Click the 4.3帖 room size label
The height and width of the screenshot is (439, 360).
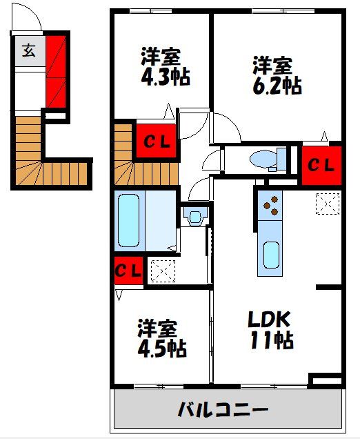pos(166,77)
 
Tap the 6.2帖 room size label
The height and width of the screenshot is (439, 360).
pos(277,85)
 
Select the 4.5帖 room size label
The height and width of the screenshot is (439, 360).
pos(162,348)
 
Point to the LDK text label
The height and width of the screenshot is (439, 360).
pos(269,320)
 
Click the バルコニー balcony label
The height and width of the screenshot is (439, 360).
pos(223,410)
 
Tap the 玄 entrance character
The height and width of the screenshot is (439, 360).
pos(29,50)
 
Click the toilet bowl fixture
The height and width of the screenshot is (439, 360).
pos(268,159)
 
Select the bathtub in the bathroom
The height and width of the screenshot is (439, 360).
pos(128,221)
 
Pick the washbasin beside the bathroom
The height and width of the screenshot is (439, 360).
pos(195,217)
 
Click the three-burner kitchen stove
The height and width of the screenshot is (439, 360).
pos(270,206)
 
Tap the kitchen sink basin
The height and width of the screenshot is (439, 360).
pos(271,255)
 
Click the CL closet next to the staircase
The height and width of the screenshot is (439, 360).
pos(157,141)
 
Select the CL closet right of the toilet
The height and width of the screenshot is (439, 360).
pos(321,166)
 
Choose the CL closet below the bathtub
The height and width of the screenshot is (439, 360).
pos(128,271)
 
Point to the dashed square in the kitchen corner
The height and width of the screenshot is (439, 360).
pos(328,204)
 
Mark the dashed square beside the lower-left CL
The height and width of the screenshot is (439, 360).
pos(163,271)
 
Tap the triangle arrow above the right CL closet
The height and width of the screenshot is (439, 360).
pos(324,136)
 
